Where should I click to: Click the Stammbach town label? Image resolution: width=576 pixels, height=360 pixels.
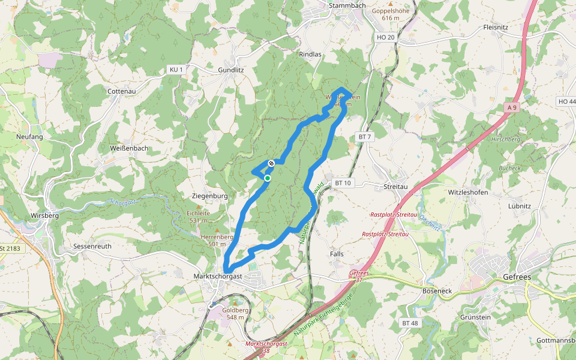[x=347, y=6]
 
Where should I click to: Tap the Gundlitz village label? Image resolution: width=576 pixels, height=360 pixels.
[x=231, y=70]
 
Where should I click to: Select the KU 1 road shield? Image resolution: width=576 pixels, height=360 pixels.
[x=176, y=70]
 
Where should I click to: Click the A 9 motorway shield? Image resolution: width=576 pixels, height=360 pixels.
[x=511, y=107]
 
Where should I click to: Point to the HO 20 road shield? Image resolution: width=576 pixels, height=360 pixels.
[x=386, y=37]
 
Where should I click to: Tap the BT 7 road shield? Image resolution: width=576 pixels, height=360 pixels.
[x=365, y=137]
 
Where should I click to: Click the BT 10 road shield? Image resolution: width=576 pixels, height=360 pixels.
[x=343, y=182]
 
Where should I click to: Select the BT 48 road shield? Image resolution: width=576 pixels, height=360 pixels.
[x=410, y=323]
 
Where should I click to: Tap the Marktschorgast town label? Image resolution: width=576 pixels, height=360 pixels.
[x=218, y=277]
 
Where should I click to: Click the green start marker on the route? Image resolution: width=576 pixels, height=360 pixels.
[x=268, y=178]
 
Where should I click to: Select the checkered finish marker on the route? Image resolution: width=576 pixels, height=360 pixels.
[x=272, y=163]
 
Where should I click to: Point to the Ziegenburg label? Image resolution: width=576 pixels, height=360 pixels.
[x=209, y=196]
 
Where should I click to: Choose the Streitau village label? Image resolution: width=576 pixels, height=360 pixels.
[x=395, y=187]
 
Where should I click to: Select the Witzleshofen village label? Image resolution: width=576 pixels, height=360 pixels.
[x=468, y=193]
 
